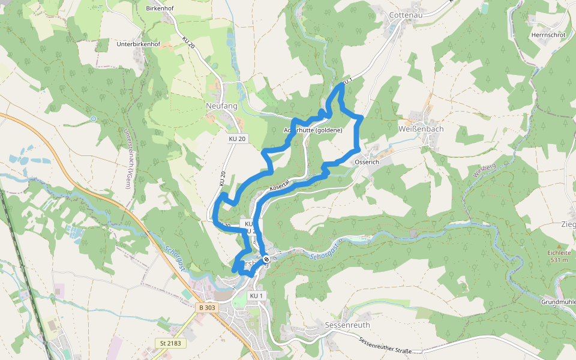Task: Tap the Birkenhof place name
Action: pyautogui.click(x=160, y=9)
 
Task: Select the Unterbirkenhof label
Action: pyautogui.click(x=139, y=44)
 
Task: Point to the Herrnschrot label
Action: pyautogui.click(x=548, y=35)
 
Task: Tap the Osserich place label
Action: pyautogui.click(x=367, y=162)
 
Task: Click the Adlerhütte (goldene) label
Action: pyautogui.click(x=313, y=130)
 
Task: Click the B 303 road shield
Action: pyautogui.click(x=206, y=307)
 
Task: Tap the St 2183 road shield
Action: pyautogui.click(x=170, y=343)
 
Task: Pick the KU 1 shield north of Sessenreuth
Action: pyautogui.click(x=257, y=296)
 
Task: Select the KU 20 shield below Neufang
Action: pyautogui.click(x=238, y=139)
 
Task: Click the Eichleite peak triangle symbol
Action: pyautogui.click(x=559, y=245)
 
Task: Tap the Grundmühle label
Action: pyautogui.click(x=557, y=301)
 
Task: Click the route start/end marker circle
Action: pyautogui.click(x=266, y=259)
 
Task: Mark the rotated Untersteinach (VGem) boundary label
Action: pyautogui.click(x=128, y=158)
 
